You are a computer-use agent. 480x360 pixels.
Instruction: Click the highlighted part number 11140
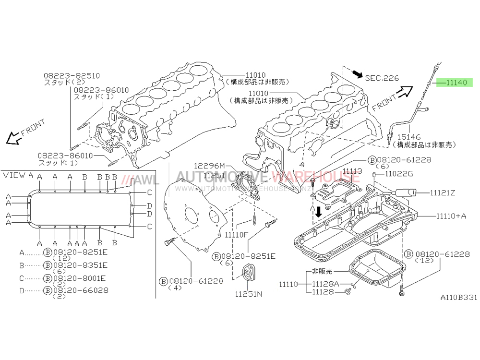point(456,83)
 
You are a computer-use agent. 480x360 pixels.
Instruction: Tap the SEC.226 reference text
point(382,78)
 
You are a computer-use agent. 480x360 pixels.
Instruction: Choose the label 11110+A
point(451,216)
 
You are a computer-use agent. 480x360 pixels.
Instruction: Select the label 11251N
point(248,294)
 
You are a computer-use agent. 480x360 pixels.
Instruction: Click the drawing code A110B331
point(459,298)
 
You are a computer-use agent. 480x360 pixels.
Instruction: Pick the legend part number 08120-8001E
point(81,277)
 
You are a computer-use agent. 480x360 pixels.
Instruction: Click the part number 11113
point(352,171)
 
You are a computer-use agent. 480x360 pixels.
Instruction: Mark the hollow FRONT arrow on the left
point(12,139)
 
